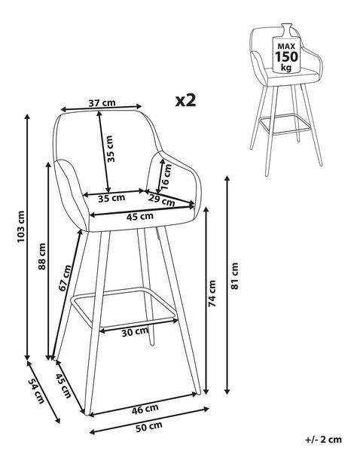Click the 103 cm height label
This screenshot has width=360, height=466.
click(x=21, y=227)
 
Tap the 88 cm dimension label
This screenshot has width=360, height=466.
click(x=42, y=256)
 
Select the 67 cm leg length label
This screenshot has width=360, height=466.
click(x=65, y=278)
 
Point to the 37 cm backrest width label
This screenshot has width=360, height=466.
click(x=102, y=103)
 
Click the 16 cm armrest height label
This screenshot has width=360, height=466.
click(x=166, y=176)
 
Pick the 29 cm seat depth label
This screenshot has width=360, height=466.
click(x=161, y=199)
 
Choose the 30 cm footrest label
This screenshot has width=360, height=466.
click(x=135, y=332)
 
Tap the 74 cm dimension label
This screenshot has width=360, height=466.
click(x=212, y=294)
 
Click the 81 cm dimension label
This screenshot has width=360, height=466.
click(x=234, y=276)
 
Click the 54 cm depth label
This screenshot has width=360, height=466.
click(x=36, y=391)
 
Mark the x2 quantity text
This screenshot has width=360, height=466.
click(x=186, y=100)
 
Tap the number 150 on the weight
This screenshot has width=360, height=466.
click(x=286, y=56)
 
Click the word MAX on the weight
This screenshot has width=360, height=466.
click(x=286, y=47)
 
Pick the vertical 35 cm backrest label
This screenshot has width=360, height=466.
click(x=110, y=148)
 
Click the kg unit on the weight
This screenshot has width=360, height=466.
click(x=286, y=68)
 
